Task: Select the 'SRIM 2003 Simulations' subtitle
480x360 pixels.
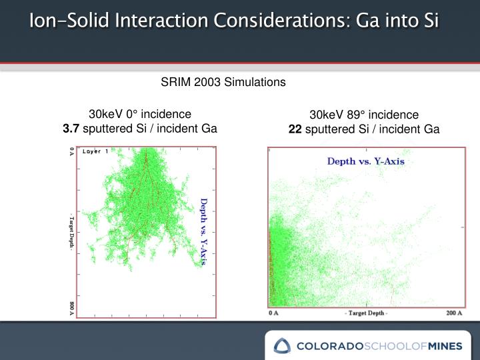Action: tap(223, 82)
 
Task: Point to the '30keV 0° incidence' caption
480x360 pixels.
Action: tap(140, 114)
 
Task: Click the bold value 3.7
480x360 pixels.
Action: tap(71, 128)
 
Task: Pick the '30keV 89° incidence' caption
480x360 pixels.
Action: tap(364, 115)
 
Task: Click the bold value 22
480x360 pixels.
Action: tap(295, 129)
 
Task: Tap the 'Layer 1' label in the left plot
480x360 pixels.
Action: tap(95, 152)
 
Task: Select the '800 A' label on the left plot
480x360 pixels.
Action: tap(72, 308)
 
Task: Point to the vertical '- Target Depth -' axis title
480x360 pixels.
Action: tap(72, 231)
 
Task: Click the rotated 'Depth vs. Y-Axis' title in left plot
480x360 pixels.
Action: tap(205, 231)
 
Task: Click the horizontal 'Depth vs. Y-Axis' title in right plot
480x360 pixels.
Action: tap(365, 161)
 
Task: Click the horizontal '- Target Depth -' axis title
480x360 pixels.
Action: tap(364, 312)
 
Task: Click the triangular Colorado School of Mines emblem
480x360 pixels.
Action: tap(283, 345)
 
